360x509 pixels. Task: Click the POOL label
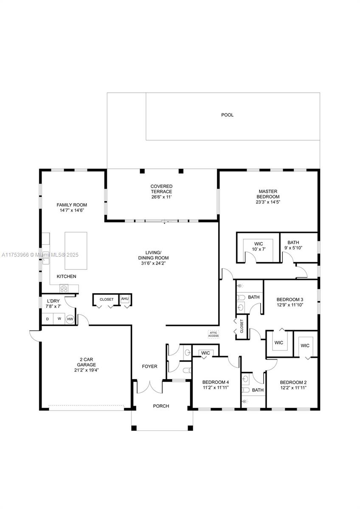[227, 115]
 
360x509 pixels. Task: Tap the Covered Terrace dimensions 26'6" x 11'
[161, 197]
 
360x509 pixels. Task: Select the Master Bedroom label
[268, 194]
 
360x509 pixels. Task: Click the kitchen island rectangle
[76, 250]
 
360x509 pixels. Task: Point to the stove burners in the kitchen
[64, 288]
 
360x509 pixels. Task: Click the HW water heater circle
[70, 319]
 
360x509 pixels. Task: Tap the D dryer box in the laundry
[47, 319]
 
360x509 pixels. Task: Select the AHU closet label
[125, 299]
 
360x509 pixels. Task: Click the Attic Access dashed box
[213, 334]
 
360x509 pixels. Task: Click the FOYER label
[149, 366]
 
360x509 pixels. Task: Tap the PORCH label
[161, 406]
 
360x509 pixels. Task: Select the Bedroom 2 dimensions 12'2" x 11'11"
[293, 387]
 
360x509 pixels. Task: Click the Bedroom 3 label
[290, 299]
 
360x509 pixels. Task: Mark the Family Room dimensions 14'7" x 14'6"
[72, 210]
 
